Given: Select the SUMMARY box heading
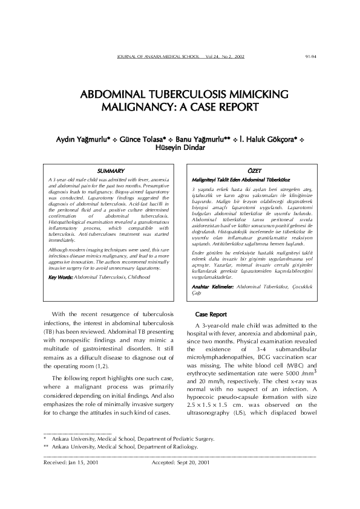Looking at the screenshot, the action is (111, 172).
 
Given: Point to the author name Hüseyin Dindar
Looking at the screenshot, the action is (180, 146).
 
